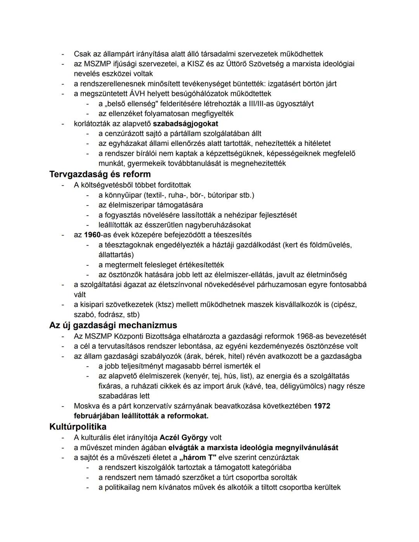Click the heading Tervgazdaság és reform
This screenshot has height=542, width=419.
point(100,174)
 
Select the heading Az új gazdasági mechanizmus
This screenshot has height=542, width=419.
point(113,325)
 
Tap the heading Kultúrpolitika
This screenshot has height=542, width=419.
point(78,427)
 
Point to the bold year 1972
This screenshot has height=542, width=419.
point(322,406)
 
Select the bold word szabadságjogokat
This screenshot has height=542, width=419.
point(185,124)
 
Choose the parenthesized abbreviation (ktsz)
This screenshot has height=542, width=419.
point(166,305)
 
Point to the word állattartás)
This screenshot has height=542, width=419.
point(116,255)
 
